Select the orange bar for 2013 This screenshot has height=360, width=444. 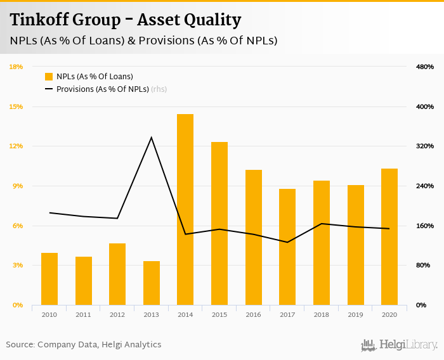pyautogui.click(x=151, y=283)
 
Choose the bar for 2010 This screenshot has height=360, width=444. pyautogui.click(x=49, y=279)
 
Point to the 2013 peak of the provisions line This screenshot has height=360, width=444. pyautogui.click(x=151, y=138)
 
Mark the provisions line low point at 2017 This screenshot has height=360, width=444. pyautogui.click(x=287, y=242)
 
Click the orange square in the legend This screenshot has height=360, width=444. pyautogui.click(x=49, y=77)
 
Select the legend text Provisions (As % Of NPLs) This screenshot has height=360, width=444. pyautogui.click(x=102, y=89)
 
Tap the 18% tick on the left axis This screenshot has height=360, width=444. pyautogui.click(x=16, y=67)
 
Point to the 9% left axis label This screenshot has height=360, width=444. pyautogui.click(x=18, y=186)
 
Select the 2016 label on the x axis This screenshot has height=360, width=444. pyautogui.click(x=253, y=314)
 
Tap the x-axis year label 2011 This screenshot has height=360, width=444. pyautogui.click(x=83, y=314)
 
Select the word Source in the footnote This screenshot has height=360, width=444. pyautogui.click(x=20, y=345)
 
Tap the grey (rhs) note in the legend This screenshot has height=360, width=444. pyautogui.click(x=159, y=89)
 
